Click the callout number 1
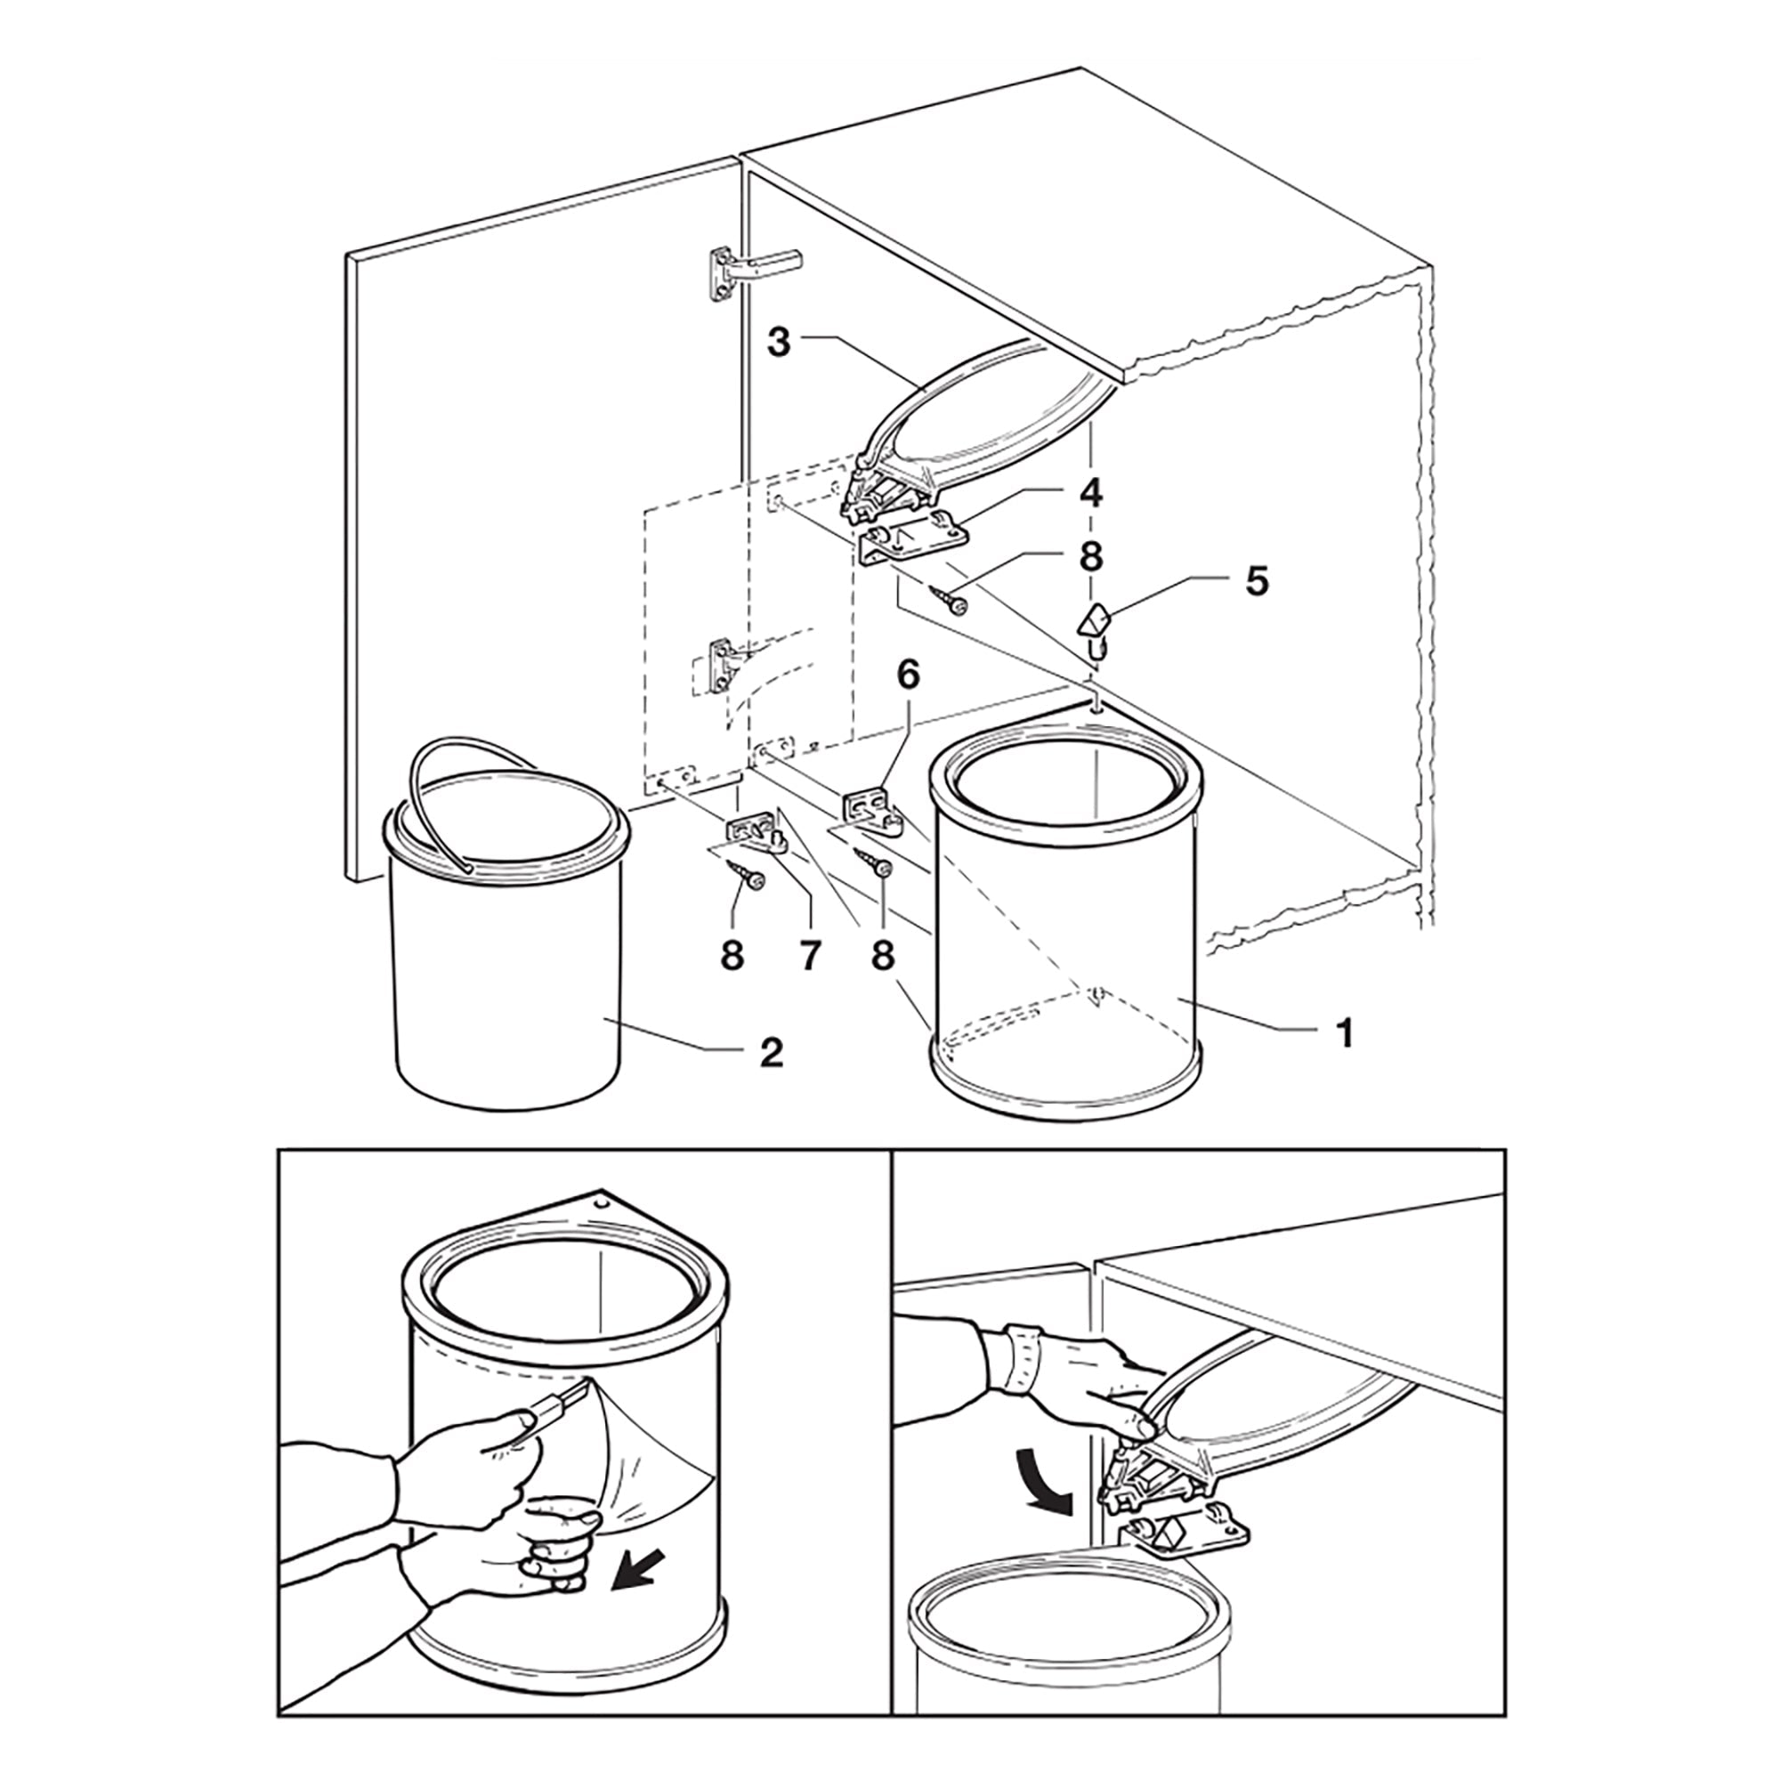click(1345, 1032)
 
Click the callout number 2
click(771, 1052)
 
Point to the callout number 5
click(1257, 581)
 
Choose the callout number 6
click(909, 676)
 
